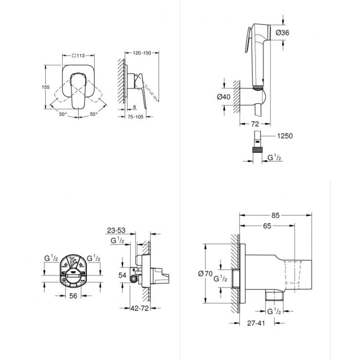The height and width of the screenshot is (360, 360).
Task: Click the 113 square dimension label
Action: pyautogui.click(x=78, y=56)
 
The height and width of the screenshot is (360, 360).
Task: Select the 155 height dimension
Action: pyautogui.click(x=45, y=87)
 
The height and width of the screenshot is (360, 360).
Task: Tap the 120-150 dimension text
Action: pyautogui.click(x=142, y=53)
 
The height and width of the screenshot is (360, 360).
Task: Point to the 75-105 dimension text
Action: pyautogui.click(x=135, y=117)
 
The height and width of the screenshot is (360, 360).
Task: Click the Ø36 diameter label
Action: pyautogui.click(x=282, y=32)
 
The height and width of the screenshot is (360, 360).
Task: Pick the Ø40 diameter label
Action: pyautogui.click(x=223, y=97)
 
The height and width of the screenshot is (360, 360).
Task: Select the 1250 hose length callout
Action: pyautogui.click(x=285, y=136)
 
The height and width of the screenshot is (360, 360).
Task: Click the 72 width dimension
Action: pyautogui.click(x=255, y=124)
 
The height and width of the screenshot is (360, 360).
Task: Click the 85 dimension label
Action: pyautogui.click(x=275, y=215)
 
